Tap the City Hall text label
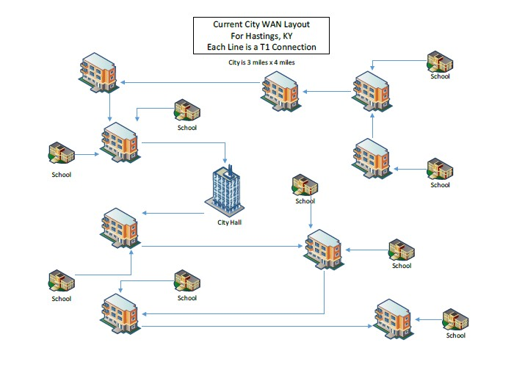(229, 222)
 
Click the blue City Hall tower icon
(225, 190)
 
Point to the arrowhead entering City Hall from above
(226, 164)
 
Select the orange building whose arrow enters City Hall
(120, 141)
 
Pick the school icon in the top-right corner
(440, 61)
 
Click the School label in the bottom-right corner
(455, 335)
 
